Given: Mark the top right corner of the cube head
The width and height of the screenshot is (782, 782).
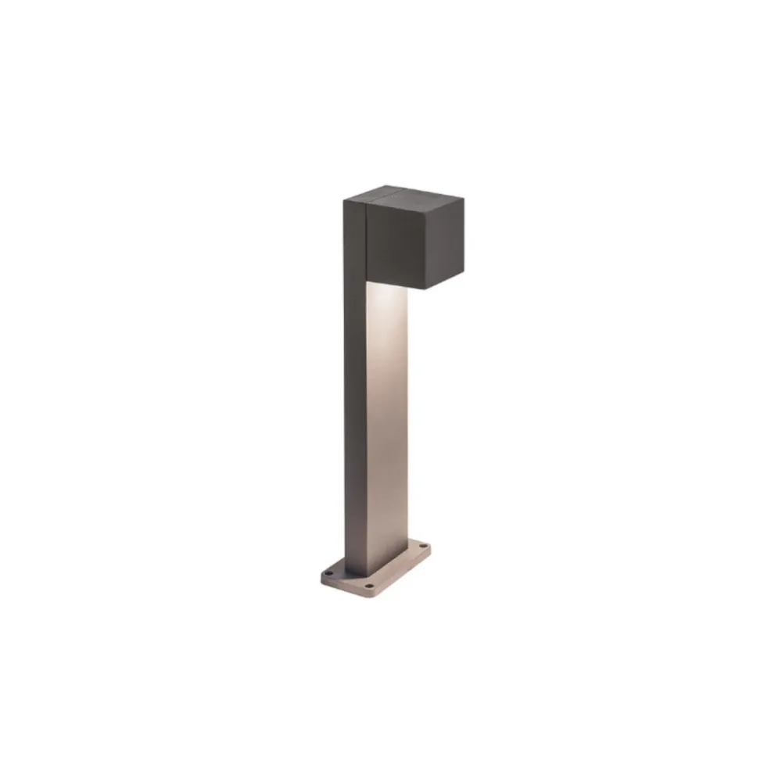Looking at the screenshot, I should (x=464, y=196).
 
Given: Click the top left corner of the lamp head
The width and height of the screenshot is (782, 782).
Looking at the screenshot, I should (x=343, y=201).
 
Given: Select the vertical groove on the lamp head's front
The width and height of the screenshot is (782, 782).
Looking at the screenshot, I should (x=365, y=239).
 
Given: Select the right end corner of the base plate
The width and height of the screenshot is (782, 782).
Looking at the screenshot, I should (x=429, y=546).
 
